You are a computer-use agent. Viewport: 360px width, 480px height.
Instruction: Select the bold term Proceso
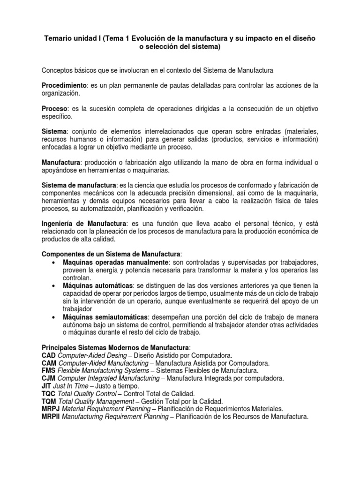55,108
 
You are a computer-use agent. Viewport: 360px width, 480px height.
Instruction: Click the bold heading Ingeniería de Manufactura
84,224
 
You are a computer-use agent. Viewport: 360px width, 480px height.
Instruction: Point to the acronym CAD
49,356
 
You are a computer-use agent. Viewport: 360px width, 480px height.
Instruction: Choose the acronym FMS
49,371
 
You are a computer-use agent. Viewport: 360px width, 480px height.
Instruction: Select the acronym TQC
49,394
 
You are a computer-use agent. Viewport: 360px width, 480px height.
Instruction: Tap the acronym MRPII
51,416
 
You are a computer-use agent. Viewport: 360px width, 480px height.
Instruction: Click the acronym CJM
49,378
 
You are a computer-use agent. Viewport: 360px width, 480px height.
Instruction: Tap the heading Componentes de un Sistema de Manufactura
111,254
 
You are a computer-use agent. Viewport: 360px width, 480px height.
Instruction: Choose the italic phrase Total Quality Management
95,401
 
